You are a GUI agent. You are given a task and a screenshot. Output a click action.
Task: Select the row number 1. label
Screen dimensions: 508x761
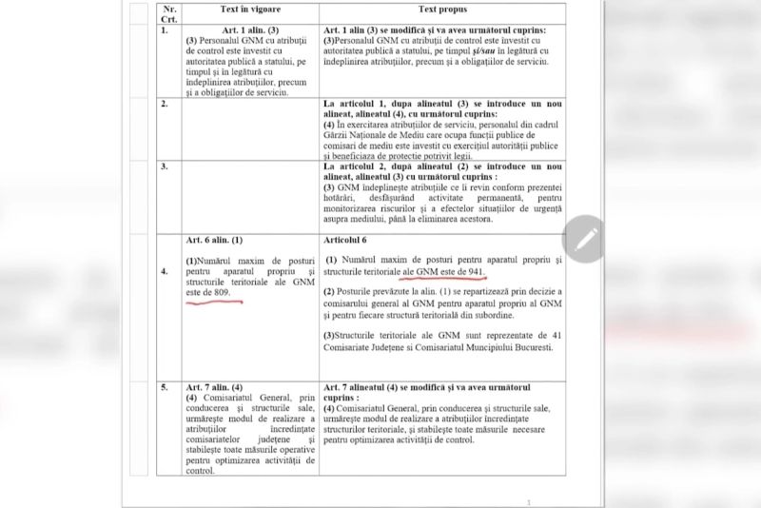click(166, 30)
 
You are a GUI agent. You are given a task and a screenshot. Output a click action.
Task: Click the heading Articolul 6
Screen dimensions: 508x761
click(353, 241)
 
